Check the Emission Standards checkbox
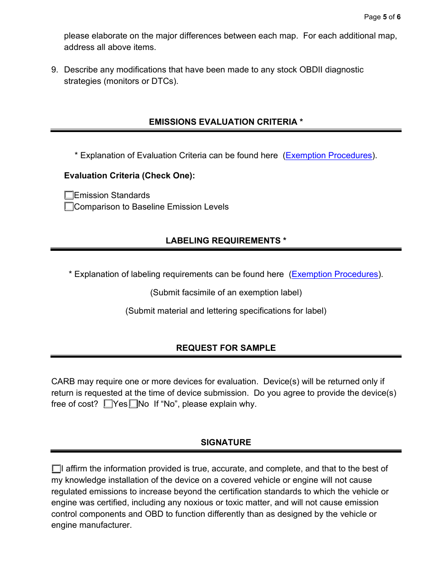(x=69, y=195)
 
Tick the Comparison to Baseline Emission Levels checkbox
(x=69, y=207)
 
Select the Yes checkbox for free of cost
(x=108, y=404)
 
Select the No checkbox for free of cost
(x=134, y=404)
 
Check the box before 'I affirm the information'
(x=56, y=469)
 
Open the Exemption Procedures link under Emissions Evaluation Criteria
(x=329, y=155)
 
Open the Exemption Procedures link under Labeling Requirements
(x=335, y=274)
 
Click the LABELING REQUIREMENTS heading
(x=226, y=241)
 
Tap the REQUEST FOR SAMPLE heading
(x=226, y=348)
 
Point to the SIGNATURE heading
(x=226, y=442)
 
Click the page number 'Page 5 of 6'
(x=382, y=17)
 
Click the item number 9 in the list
(x=55, y=70)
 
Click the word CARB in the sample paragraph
(x=63, y=382)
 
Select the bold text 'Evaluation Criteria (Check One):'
(x=129, y=176)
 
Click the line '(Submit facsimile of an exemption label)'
(x=226, y=293)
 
